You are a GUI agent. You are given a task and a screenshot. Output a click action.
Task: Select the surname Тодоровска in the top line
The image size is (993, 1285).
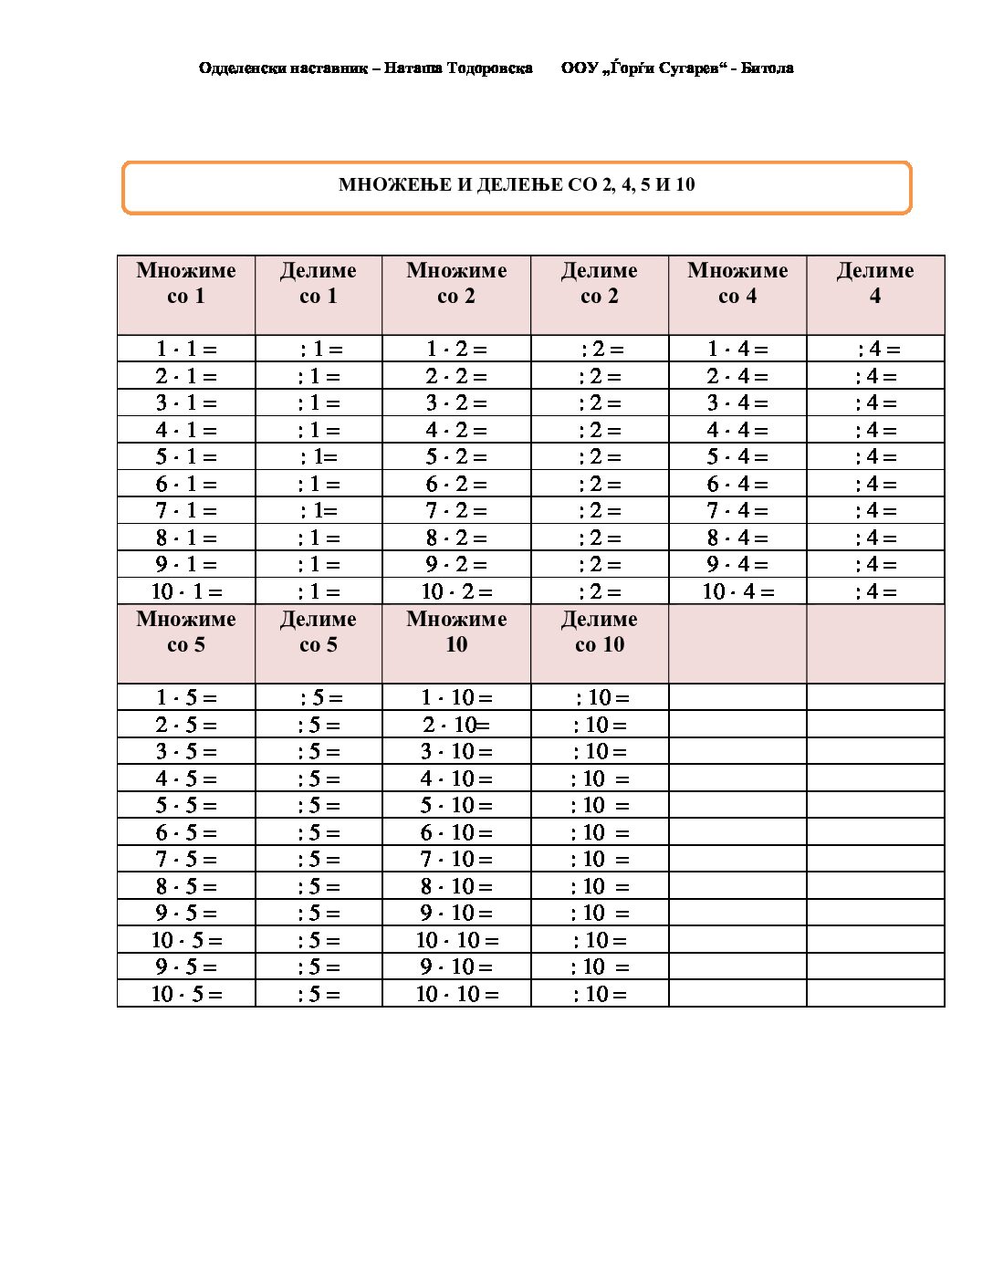tap(490, 68)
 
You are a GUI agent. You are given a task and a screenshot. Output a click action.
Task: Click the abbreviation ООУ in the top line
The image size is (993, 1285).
tap(580, 68)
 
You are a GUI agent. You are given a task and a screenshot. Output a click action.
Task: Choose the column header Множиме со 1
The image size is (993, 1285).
tap(186, 284)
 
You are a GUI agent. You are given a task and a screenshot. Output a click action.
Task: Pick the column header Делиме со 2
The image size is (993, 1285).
tap(599, 284)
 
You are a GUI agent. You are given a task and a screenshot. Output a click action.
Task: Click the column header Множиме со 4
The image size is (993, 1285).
tap(737, 284)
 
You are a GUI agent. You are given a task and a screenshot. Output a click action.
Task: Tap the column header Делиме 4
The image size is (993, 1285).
tap(875, 284)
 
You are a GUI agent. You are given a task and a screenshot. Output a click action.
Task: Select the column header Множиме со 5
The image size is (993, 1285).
tap(186, 632)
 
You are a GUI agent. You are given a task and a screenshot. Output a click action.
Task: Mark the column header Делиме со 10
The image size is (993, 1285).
tap(599, 632)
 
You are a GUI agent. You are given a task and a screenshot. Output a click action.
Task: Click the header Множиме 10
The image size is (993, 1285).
tap(456, 632)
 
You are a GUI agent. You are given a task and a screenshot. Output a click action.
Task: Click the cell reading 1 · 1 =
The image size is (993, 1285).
tap(186, 350)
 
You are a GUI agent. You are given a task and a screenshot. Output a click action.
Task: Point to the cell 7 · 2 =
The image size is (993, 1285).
tap(456, 511)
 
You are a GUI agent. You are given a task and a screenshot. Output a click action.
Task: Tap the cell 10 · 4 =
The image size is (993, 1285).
tap(737, 592)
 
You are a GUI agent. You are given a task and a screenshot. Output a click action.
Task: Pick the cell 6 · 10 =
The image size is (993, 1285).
tap(456, 833)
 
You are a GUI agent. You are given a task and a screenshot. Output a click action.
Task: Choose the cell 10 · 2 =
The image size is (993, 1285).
tap(456, 592)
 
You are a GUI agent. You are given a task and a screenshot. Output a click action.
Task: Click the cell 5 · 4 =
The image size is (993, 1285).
tap(737, 457)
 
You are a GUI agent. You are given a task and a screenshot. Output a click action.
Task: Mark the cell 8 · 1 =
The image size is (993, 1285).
tap(186, 538)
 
